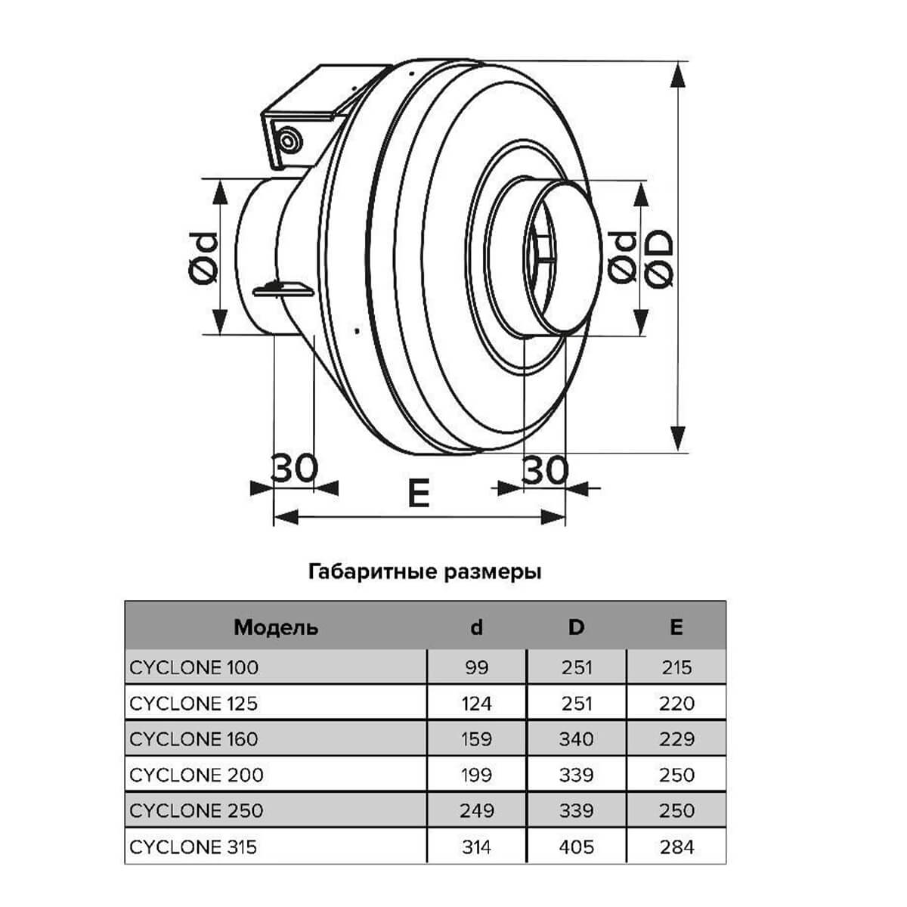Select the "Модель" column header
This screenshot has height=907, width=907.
pos(276,627)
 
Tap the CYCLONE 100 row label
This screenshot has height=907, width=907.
pos(194,667)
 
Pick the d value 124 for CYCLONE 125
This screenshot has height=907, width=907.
pos(476,704)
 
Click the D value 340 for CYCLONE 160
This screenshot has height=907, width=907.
pos(576,739)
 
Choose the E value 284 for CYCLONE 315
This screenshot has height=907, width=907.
pos(676,847)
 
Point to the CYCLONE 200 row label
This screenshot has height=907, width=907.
pos(197,775)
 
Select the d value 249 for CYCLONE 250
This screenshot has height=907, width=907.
pos(477,811)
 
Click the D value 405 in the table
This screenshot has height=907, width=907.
pos(576,847)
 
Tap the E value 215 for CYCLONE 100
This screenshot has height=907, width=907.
pos(676,667)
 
